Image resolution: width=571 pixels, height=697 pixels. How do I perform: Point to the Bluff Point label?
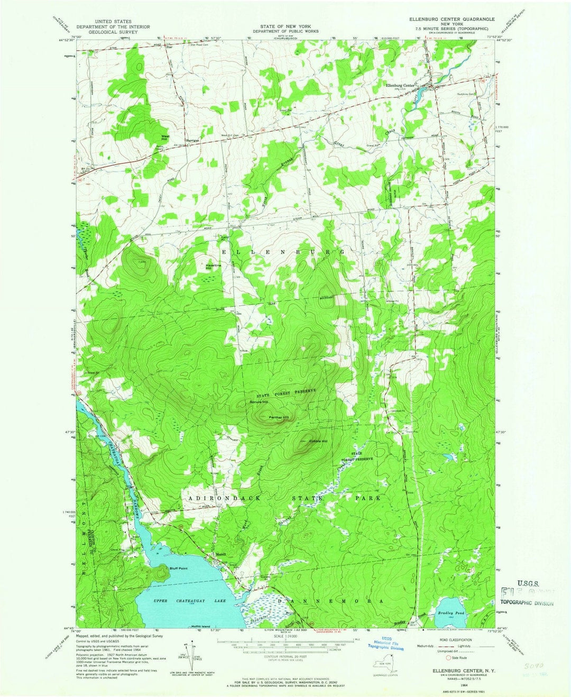pyautogui.click(x=179, y=568)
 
